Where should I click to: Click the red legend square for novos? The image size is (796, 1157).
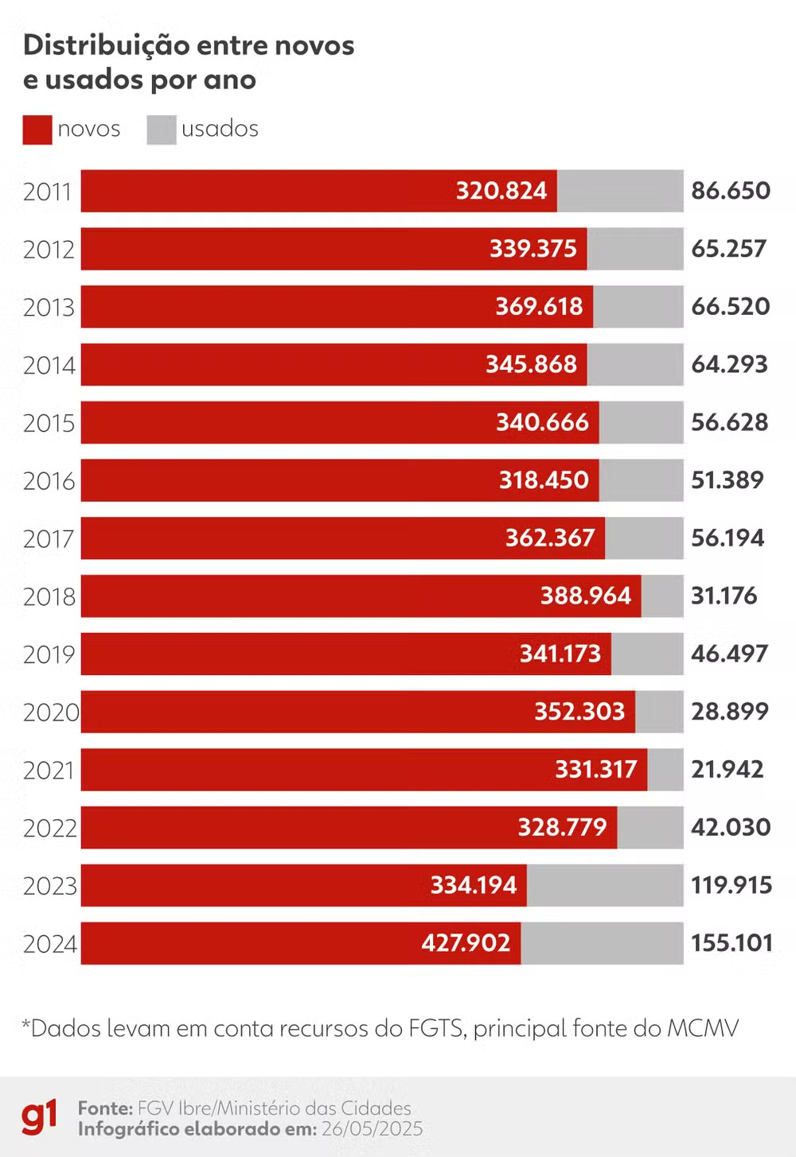pyautogui.click(x=37, y=130)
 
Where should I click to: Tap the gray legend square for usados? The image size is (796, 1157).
pyautogui.click(x=161, y=130)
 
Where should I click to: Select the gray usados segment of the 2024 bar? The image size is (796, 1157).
pyautogui.click(x=602, y=943)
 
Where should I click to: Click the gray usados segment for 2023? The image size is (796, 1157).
pyautogui.click(x=604, y=885)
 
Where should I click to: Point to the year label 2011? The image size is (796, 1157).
pyautogui.click(x=48, y=192)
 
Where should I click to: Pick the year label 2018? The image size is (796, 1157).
pyautogui.click(x=49, y=596)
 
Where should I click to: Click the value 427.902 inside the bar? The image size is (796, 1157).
pyautogui.click(x=466, y=943)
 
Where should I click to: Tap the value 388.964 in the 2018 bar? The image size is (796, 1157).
pyautogui.click(x=585, y=596)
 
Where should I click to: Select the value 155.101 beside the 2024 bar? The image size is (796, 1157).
pyautogui.click(x=732, y=943)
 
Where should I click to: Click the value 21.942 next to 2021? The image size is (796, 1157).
pyautogui.click(x=727, y=769)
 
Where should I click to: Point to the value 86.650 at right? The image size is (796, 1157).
pyautogui.click(x=730, y=191)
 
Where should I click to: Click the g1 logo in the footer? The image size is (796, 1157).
pyautogui.click(x=39, y=1116)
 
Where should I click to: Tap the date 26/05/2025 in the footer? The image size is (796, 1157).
pyautogui.click(x=372, y=1129)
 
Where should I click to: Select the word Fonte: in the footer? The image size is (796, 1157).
pyautogui.click(x=105, y=1108)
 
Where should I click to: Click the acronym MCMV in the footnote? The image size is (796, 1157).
pyautogui.click(x=703, y=1028)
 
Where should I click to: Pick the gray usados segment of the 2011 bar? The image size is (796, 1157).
pyautogui.click(x=619, y=191)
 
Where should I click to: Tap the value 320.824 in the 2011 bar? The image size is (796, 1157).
pyautogui.click(x=501, y=191)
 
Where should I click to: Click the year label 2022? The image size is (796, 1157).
pyautogui.click(x=49, y=828)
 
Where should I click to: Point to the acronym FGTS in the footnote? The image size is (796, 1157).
pyautogui.click(x=436, y=1028)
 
